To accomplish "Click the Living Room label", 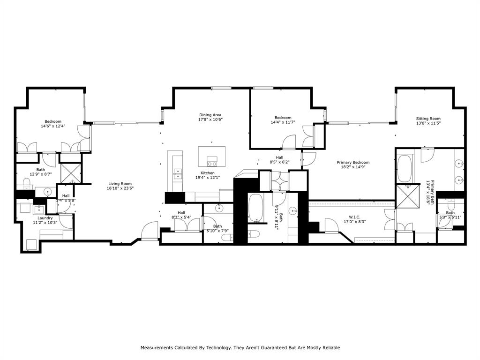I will point(120,184).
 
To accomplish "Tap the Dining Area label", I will point(210,115).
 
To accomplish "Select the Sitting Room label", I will point(428,119).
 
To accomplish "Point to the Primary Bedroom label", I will point(353,163).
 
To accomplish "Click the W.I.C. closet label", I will point(354,217).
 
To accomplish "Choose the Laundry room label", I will point(45,217).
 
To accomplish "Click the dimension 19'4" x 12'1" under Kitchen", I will point(208,178).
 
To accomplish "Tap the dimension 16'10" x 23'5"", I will point(120,189).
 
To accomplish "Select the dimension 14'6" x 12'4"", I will point(53,126).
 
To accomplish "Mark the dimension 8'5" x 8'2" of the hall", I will point(279,162).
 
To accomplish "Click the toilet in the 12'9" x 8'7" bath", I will point(26,182).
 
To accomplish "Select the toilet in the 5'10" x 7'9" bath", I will point(225,239).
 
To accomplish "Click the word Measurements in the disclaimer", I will point(157,348).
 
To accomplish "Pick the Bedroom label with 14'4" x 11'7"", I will point(283,118).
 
